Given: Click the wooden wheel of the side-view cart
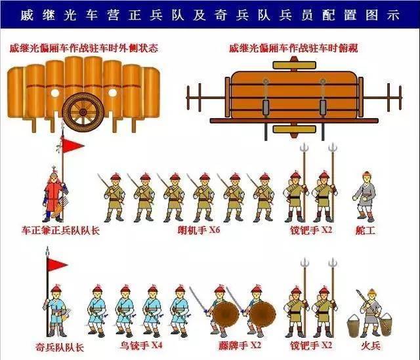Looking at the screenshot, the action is (x=83, y=111).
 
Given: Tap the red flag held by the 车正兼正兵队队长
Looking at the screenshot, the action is (x=72, y=145).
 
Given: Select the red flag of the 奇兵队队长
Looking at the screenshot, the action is (x=57, y=265).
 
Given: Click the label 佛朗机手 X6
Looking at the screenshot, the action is (x=198, y=230).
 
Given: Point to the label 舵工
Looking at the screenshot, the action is (x=366, y=230).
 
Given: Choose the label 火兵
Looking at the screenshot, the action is (x=371, y=346).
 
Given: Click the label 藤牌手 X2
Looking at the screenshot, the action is (x=240, y=346).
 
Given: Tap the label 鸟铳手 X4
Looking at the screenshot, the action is (x=141, y=346).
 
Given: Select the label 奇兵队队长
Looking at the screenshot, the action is (x=60, y=347).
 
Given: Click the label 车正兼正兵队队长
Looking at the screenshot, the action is (x=60, y=230).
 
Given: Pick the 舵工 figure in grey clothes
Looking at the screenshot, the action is (x=365, y=197).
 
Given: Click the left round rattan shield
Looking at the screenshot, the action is (x=226, y=315).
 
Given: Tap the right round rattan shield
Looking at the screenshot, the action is (x=262, y=315).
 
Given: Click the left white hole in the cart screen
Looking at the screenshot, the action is (x=55, y=93).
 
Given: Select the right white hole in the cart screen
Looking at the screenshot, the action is (x=112, y=93).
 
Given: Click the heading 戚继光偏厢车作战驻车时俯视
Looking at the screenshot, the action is (x=293, y=48).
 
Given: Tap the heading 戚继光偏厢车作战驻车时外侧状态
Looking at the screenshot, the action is (x=84, y=48).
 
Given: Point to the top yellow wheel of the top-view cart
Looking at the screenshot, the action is (x=295, y=65).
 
